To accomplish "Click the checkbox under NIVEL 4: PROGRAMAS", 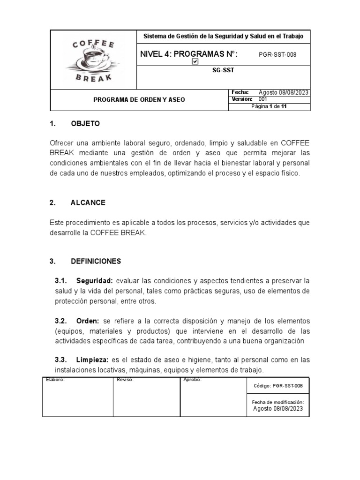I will (195, 61).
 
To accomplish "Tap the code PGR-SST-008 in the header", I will (277, 54).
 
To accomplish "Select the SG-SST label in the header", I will (223, 70).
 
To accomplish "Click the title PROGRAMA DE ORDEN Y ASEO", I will (139, 100).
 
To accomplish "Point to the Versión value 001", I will (263, 99).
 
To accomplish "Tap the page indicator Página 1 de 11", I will (269, 107).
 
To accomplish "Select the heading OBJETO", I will (85, 124).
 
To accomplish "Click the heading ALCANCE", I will (88, 202).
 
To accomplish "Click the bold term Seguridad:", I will (95, 281).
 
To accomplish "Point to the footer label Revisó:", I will (125, 380).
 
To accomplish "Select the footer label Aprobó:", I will (192, 380).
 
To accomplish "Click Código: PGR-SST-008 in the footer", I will (277, 386).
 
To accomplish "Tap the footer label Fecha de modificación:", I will (278, 402).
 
